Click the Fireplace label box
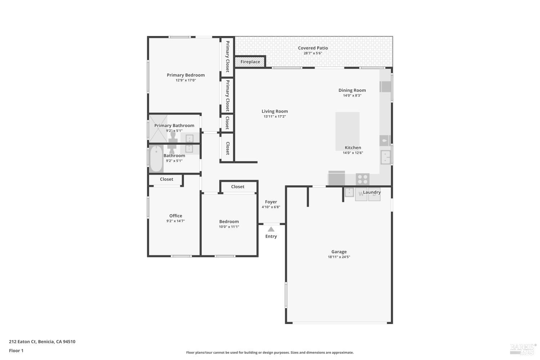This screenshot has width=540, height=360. coord(250,62)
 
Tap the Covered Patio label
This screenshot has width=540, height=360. coord(312,48)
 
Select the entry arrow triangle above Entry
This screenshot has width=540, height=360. coord(271,229)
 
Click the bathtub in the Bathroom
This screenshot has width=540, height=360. coord(156,159)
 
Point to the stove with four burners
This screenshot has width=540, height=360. coord(363,179)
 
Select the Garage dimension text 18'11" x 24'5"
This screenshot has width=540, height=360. coord(339,257)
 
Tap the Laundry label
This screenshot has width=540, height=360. coord(372,192)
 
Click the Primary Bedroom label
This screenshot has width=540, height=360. coord(185,75)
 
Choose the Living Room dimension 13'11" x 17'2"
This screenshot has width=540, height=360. coord(275,117)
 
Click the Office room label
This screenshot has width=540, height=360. coord(176,216)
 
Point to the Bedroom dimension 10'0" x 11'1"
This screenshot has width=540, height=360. coord(229,227)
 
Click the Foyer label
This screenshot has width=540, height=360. coord(271,202)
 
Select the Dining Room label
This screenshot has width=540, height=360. coord(352,90)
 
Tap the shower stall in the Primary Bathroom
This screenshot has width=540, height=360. coord(158,129)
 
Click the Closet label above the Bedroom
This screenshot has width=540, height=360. coord(238,186)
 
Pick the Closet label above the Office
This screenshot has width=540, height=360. coord(166,179)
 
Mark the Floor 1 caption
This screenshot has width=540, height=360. coord(16,350)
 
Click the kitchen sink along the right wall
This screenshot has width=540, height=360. coord(386,157)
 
